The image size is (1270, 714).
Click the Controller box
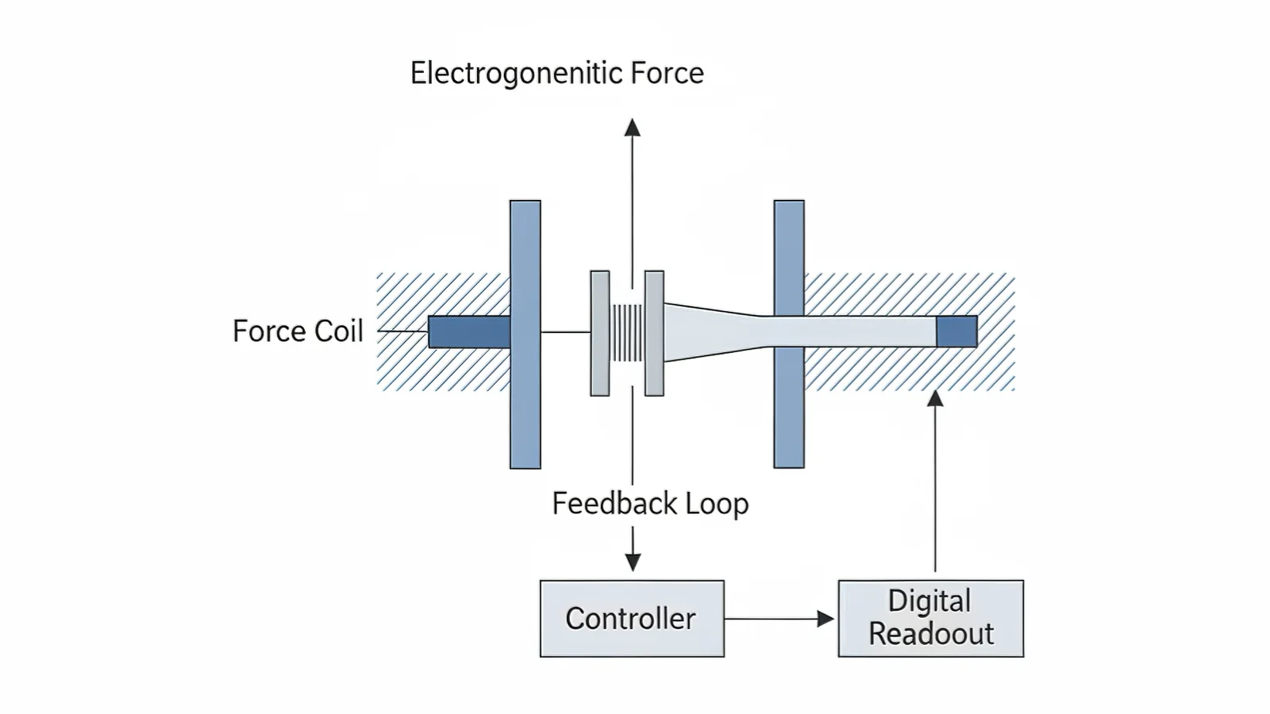[632, 619]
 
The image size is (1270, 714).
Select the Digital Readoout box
[930, 619]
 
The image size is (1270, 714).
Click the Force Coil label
[298, 331]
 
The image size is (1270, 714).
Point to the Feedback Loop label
[650, 504]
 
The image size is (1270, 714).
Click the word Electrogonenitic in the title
[515, 73]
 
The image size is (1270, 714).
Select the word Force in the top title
[667, 73]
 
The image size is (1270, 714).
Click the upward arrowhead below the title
[632, 127]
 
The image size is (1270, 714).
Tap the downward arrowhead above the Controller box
[633, 562]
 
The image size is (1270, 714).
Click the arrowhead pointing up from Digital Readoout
[936, 398]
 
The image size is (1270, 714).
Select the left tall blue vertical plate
[525, 334]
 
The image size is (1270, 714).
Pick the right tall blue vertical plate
[789, 334]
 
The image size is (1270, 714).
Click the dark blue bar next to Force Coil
[469, 332]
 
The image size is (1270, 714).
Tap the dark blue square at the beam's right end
[956, 332]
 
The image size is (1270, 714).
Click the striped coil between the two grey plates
[627, 332]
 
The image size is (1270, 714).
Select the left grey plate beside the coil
[600, 333]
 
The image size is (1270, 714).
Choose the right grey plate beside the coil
[654, 333]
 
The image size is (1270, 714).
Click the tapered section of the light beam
[710, 332]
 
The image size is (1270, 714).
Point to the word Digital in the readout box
[929, 601]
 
